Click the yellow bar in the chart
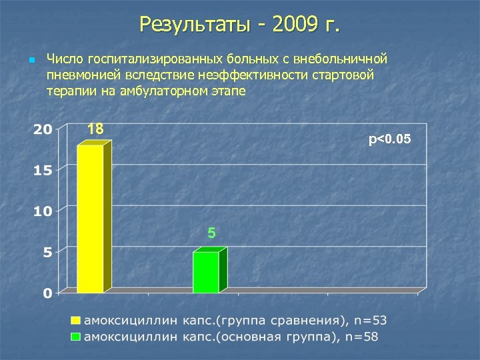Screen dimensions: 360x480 click(x=90, y=219)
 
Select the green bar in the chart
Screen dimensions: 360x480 click(x=206, y=272)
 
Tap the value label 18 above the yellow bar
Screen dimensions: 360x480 click(x=95, y=129)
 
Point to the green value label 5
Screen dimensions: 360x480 click(x=211, y=233)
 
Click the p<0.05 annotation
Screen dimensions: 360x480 click(x=390, y=139)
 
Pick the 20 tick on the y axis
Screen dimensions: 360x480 click(x=43, y=130)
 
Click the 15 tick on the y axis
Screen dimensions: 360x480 click(x=43, y=171)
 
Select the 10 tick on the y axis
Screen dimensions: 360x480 click(x=43, y=211)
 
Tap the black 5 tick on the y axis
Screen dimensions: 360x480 click(x=47, y=252)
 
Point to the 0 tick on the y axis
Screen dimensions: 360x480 click(x=47, y=293)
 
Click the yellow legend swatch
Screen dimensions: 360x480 click(x=77, y=320)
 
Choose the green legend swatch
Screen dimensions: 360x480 click(x=77, y=336)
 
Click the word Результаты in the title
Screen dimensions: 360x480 click(x=191, y=25)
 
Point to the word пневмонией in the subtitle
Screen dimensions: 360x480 click(x=81, y=75)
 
